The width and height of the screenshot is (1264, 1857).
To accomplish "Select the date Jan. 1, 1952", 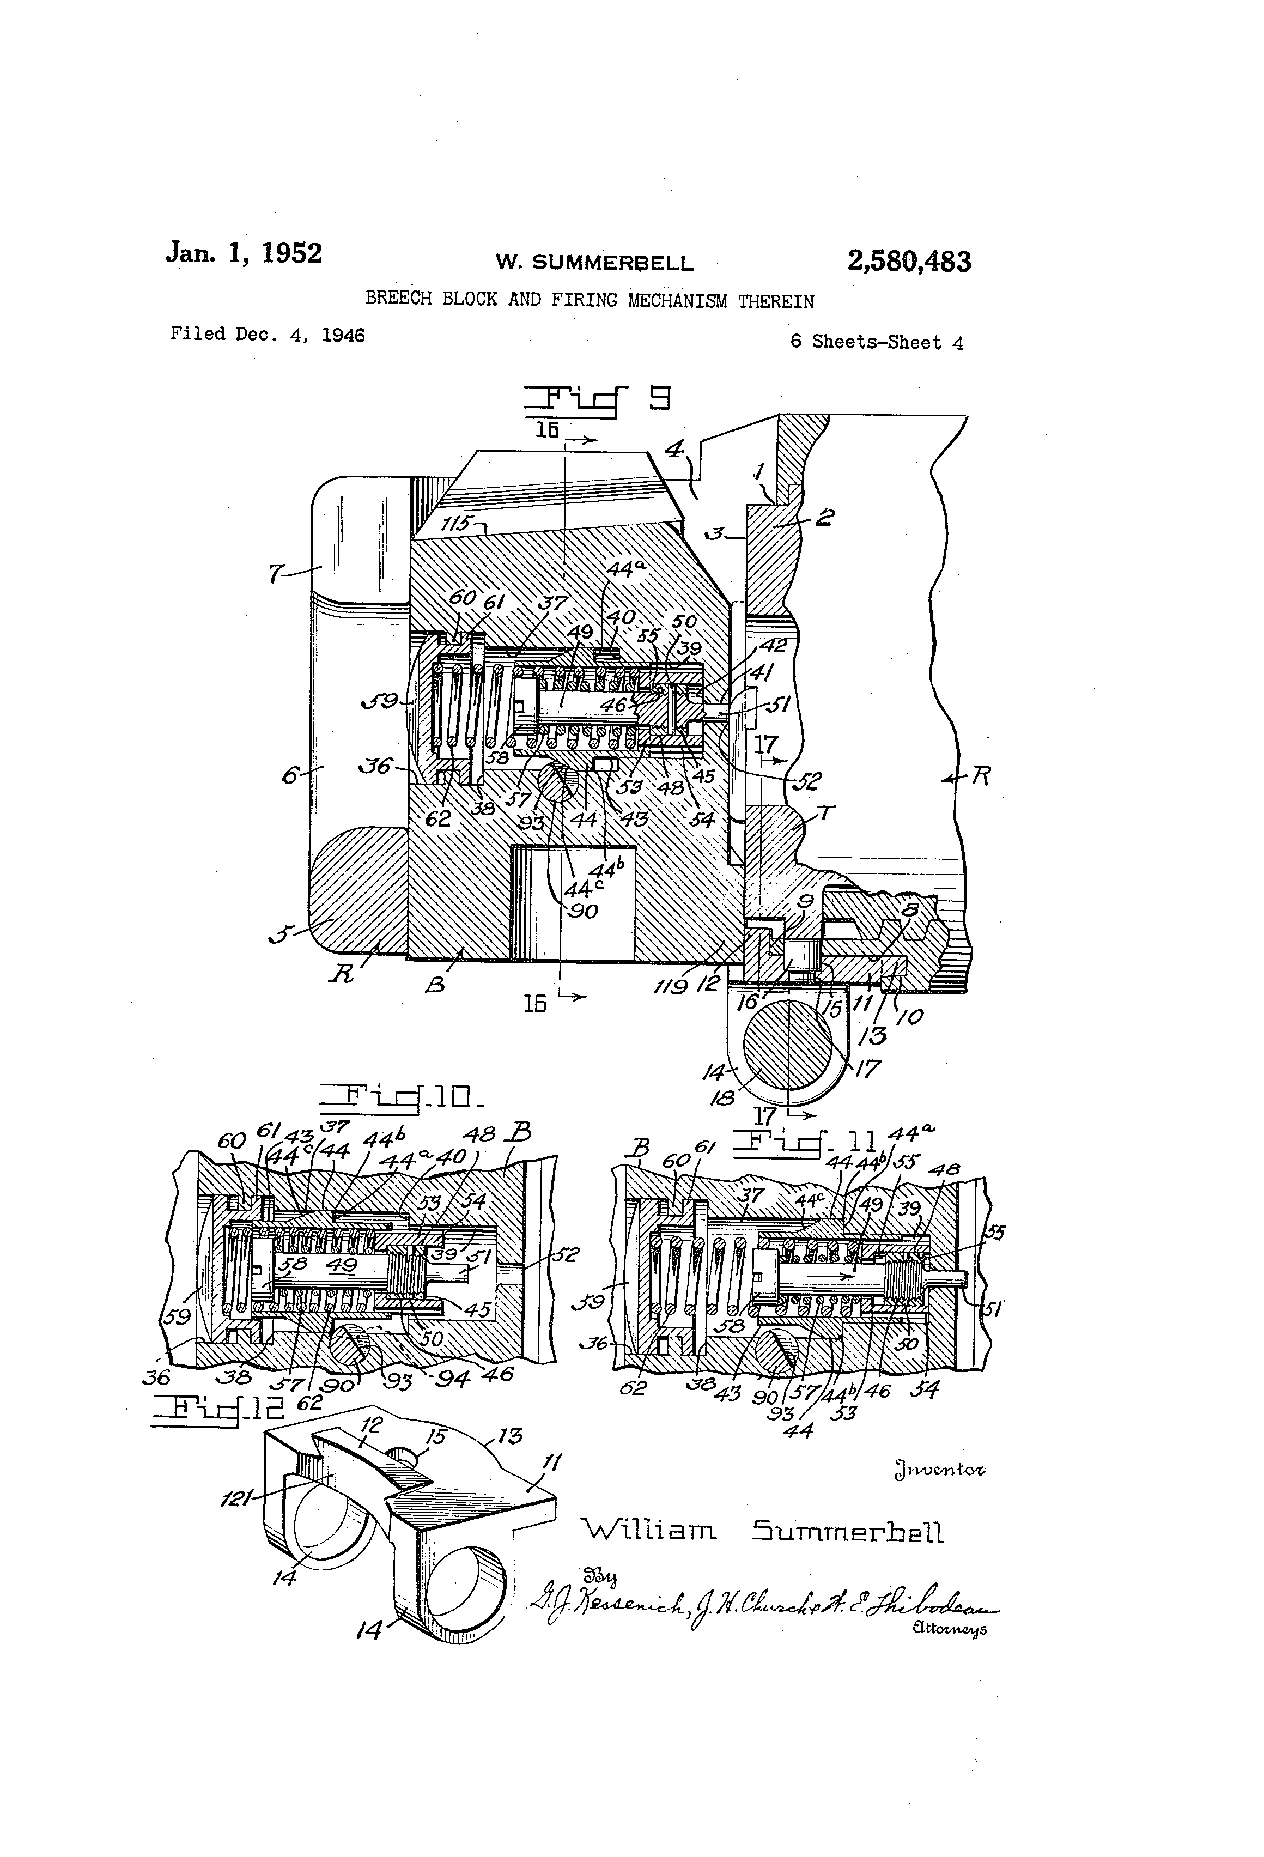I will [244, 253].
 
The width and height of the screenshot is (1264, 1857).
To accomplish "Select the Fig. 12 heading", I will [217, 1410].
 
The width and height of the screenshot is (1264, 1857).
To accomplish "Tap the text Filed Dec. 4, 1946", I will [267, 335].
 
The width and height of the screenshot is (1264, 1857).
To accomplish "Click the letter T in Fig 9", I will [825, 814].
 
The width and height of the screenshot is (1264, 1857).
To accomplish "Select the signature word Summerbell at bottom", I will [847, 1532].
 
